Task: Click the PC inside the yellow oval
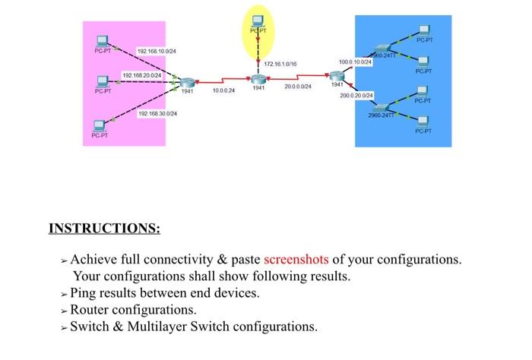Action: pos(258,19)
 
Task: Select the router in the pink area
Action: pos(186,81)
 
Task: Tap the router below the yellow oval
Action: pos(258,79)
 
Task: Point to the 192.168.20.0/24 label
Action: pos(142,75)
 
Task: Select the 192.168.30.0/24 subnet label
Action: pos(157,113)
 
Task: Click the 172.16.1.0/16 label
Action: pos(280,65)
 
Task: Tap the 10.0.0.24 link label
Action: pos(223,90)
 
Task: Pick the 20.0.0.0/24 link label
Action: pos(297,87)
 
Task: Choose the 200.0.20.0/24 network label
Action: pos(356,96)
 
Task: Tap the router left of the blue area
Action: pos(337,76)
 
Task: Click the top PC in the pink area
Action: pos(102,42)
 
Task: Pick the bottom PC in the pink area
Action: pos(99,126)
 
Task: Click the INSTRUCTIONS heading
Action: pos(104,229)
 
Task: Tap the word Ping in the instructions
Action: pos(84,292)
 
